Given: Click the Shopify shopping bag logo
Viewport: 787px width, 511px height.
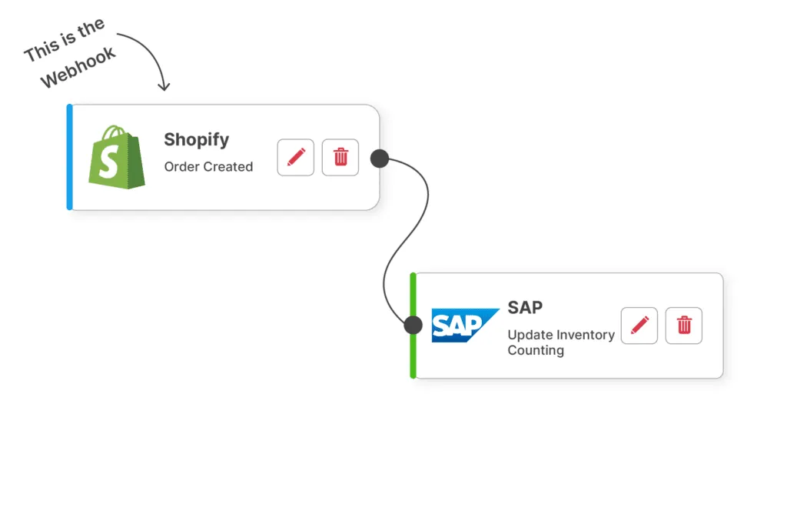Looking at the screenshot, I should tap(117, 158).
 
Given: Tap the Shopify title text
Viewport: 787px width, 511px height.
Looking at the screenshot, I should tap(196, 140).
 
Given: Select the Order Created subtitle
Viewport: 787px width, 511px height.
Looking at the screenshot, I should tap(208, 166).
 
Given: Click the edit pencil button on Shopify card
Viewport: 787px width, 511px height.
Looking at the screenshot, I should tap(296, 158).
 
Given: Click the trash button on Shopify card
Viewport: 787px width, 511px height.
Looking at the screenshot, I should tap(340, 158).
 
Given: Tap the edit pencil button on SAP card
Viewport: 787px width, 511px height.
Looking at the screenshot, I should tap(639, 325).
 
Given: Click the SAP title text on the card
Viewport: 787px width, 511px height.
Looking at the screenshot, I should tap(525, 307).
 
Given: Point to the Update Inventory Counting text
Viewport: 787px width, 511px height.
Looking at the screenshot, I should tap(560, 342).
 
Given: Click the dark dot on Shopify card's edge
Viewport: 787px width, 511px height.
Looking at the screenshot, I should tap(380, 159).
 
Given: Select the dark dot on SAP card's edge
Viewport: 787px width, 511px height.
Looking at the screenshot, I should tap(413, 325).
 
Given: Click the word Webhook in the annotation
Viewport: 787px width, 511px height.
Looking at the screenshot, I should tap(78, 68).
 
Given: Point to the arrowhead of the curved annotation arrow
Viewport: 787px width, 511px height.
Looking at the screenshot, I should tap(163, 87).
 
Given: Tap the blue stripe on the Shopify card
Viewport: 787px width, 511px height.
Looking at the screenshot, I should tap(69, 157).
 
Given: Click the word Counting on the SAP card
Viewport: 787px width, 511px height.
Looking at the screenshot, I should tap(536, 351).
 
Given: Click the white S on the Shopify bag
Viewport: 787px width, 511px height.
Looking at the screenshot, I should tap(112, 163).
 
